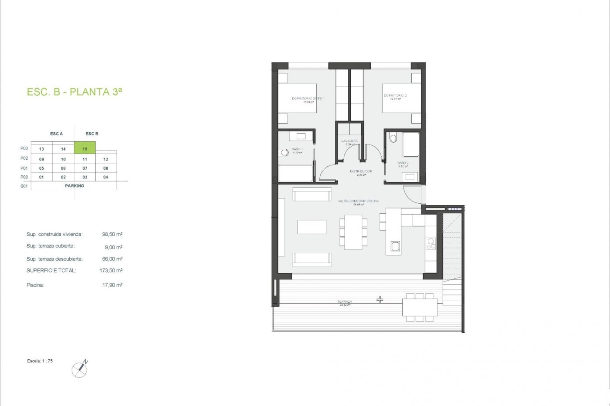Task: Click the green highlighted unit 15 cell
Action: (85, 148)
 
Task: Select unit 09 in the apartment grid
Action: (42, 159)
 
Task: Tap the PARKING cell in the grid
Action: (74, 186)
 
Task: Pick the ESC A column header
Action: (57, 134)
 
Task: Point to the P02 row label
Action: (24, 158)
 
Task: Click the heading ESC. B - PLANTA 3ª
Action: (75, 92)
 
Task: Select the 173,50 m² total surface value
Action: (111, 271)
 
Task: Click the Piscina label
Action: (35, 285)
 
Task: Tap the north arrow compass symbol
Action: (80, 369)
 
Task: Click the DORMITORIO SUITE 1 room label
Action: (308, 99)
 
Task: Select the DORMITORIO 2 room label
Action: (395, 95)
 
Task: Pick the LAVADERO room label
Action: (350, 141)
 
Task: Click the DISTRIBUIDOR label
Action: (361, 171)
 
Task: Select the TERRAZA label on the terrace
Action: (345, 302)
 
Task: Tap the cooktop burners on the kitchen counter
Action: (431, 244)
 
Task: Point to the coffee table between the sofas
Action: (312, 227)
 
